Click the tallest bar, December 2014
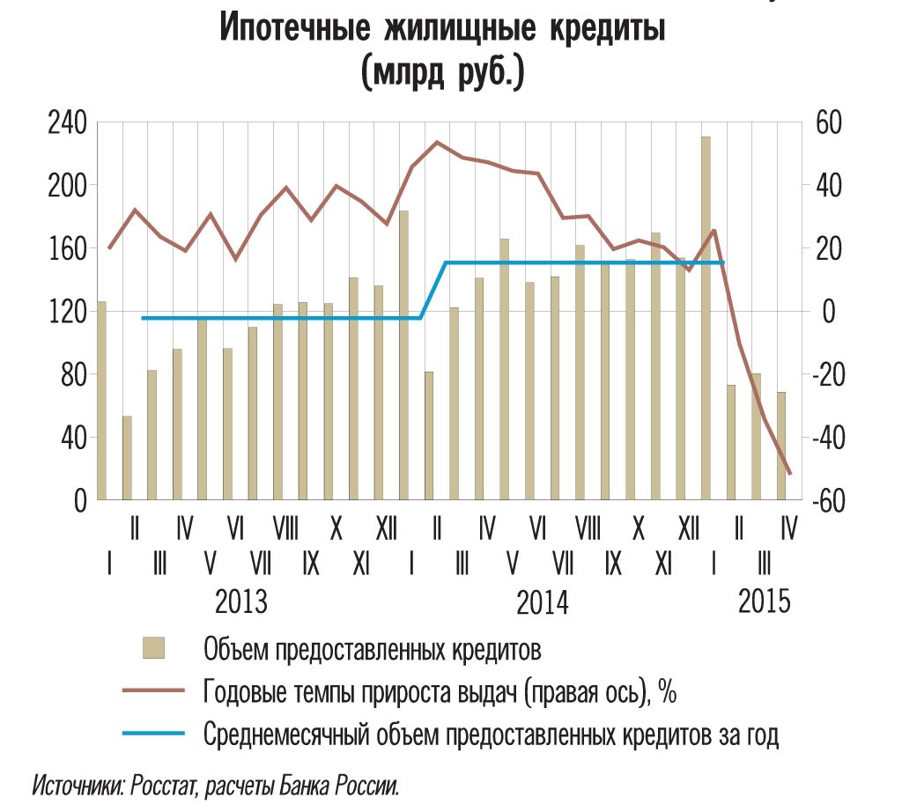tap(706, 317)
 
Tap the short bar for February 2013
tap(127, 457)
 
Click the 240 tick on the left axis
tap(69, 122)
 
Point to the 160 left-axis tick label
tap(69, 248)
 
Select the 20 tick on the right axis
tap(824, 248)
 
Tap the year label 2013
tap(241, 603)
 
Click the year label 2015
tap(764, 603)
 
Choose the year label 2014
tap(542, 603)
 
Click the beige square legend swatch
tap(154, 650)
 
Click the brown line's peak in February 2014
tap(437, 142)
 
